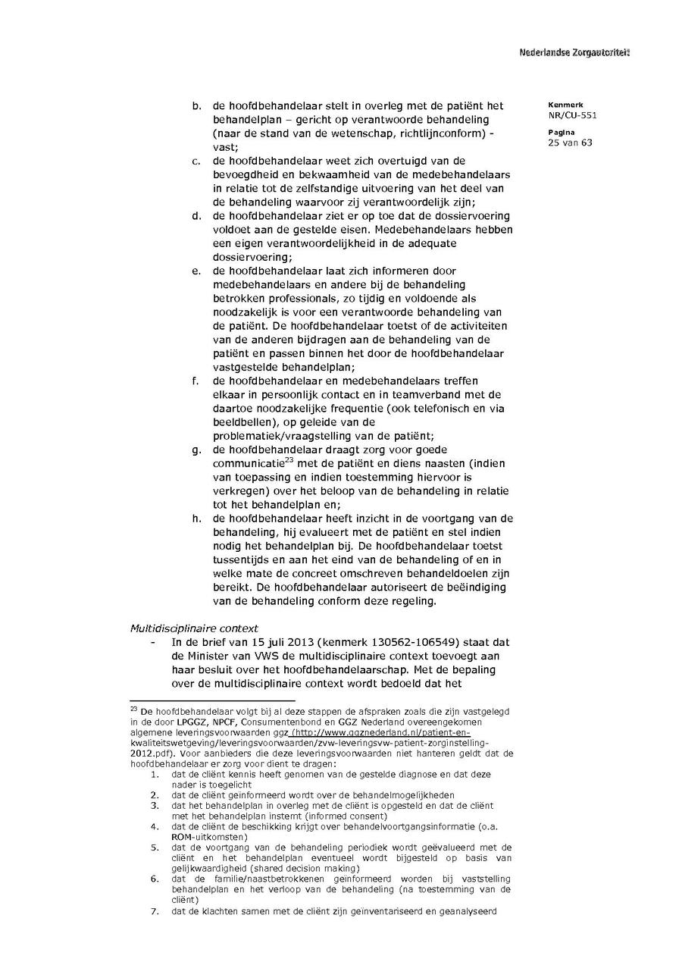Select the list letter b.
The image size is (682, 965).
[196, 106]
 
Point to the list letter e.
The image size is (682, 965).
[196, 271]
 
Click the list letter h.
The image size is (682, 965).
[196, 519]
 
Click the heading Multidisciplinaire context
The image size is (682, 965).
[194, 628]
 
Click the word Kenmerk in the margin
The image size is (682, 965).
[562, 105]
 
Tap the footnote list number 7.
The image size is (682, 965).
[154, 911]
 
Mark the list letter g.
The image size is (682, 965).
[196, 450]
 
